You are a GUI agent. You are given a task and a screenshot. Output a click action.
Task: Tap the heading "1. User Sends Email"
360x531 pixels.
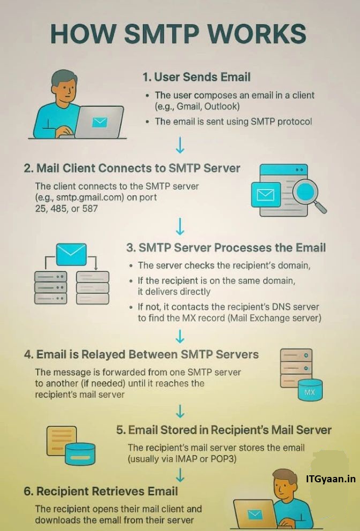pyautogui.click(x=196, y=77)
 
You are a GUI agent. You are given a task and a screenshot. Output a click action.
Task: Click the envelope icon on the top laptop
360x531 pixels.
pyautogui.click(x=100, y=122)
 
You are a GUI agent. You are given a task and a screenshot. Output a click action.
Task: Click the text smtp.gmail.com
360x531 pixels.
pyautogui.click(x=85, y=197)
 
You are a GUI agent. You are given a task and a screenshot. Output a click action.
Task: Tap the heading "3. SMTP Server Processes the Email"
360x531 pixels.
pyautogui.click(x=226, y=248)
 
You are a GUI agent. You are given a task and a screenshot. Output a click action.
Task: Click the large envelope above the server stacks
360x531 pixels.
pyautogui.click(x=71, y=252)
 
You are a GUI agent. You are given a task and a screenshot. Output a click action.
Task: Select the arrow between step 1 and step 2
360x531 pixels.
pyautogui.click(x=180, y=145)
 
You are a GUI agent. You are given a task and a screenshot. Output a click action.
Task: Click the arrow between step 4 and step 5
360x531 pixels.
pyautogui.click(x=180, y=411)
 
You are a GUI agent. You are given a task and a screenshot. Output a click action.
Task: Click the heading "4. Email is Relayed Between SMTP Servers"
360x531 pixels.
pyautogui.click(x=141, y=355)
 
